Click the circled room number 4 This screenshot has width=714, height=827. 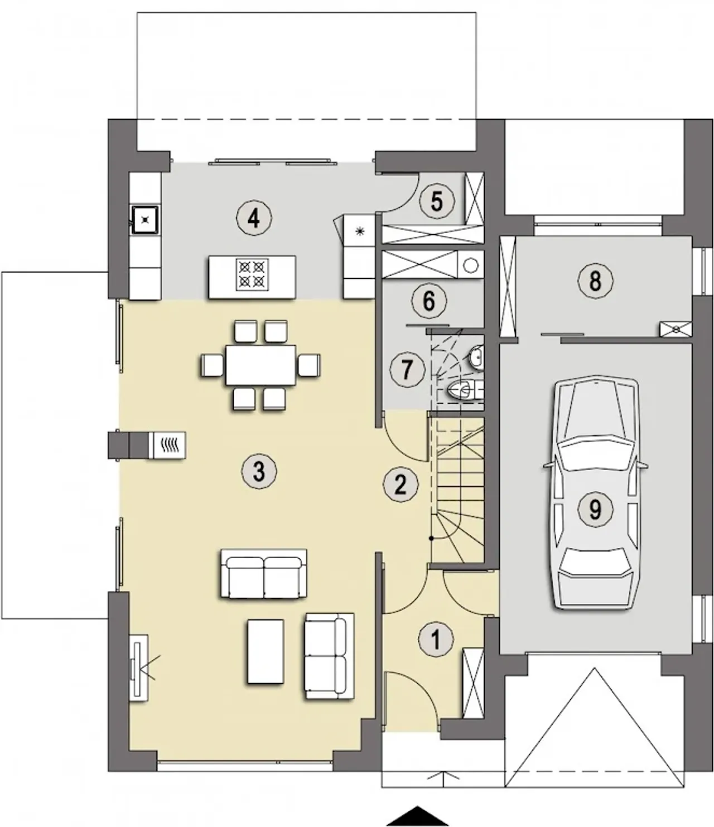coord(254,219)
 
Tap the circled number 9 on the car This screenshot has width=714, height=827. coord(595,509)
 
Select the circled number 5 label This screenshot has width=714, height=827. coord(437,201)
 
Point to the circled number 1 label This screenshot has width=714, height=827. coord(436,639)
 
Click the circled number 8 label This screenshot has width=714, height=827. coord(595,280)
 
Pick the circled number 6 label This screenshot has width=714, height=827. coord(428,301)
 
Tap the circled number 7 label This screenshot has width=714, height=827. coord(407,369)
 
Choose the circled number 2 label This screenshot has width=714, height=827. coord(401,485)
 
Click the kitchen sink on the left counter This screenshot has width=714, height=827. coord(145,219)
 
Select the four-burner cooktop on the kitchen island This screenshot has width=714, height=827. coord(253,274)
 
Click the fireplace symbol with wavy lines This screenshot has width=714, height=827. coord(168,445)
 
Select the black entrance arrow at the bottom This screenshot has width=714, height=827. coord(417,816)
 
